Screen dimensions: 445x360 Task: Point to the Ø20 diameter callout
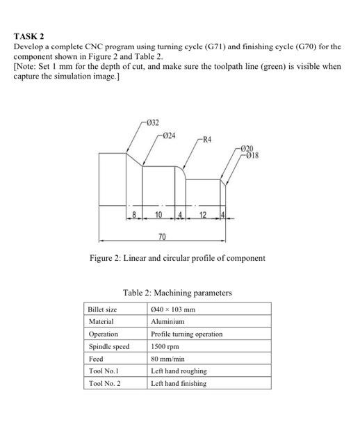tap(248, 149)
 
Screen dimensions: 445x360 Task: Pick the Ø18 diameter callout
tap(250, 155)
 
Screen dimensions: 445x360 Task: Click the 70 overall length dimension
tap(161, 238)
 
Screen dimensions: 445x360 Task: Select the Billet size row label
tap(103, 309)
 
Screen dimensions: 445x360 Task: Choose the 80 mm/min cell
tap(167, 359)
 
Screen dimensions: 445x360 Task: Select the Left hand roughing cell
tap(179, 371)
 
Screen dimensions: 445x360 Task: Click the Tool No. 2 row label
tap(104, 383)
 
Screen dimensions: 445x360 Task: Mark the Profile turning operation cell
tap(186, 334)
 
